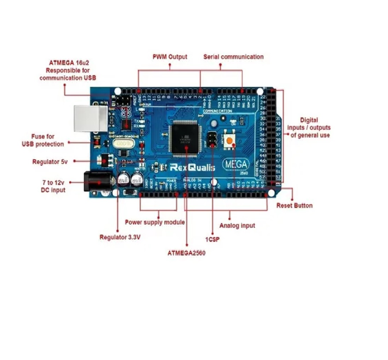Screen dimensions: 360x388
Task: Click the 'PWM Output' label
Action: pyautogui.click(x=170, y=57)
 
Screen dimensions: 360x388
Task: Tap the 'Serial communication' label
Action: pyautogui.click(x=233, y=57)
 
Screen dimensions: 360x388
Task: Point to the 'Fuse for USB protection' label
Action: pyautogui.click(x=43, y=140)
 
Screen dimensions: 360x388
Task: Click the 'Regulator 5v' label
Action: pyautogui.click(x=50, y=162)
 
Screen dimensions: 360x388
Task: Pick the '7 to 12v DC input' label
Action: pyautogui.click(x=54, y=186)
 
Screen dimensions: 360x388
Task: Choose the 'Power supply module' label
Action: pyautogui.click(x=155, y=222)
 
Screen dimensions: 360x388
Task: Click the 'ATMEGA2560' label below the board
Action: pyautogui.click(x=186, y=253)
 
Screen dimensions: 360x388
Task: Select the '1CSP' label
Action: pyautogui.click(x=212, y=240)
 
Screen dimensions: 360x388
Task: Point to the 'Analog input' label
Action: pyautogui.click(x=237, y=225)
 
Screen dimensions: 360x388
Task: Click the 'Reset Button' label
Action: pyautogui.click(x=294, y=206)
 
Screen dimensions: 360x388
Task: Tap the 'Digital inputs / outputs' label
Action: pyautogui.click(x=309, y=128)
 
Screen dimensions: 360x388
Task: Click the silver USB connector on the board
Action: pyautogui.click(x=90, y=118)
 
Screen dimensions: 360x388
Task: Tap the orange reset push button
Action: pyautogui.click(x=229, y=141)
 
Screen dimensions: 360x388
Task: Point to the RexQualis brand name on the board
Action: pyautogui.click(x=192, y=167)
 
